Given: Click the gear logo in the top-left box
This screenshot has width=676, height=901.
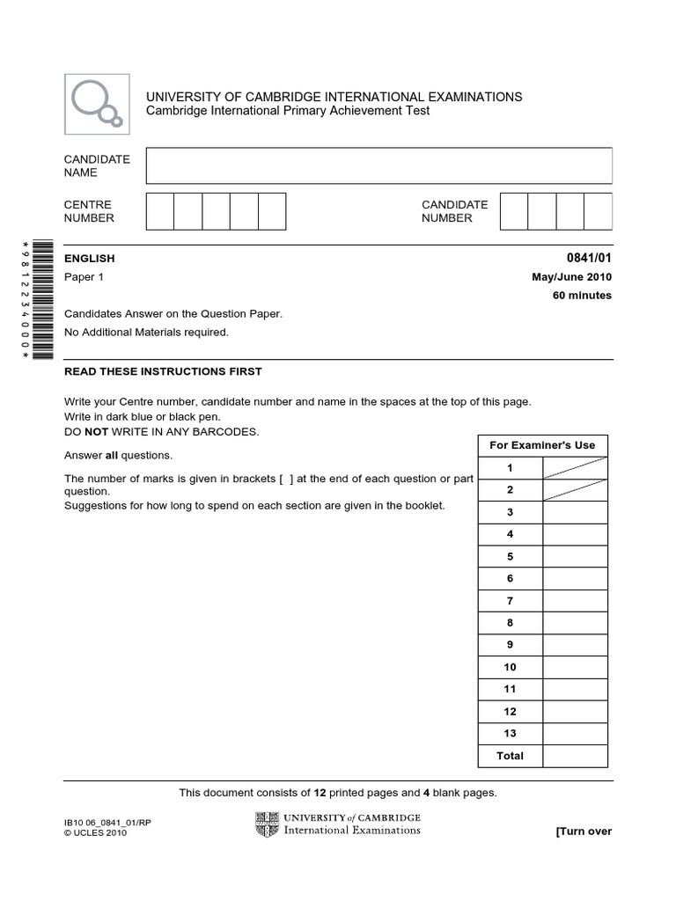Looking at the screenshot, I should pos(97,103).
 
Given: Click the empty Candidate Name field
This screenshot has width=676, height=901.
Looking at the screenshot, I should pos(378,165).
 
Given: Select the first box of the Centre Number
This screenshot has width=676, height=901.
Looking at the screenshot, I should pos(159,211).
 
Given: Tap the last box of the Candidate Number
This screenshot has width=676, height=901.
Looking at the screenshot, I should pos(598,211).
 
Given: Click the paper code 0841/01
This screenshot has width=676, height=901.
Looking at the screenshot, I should pos(590,258).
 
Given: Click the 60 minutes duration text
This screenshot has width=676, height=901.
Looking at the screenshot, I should pos(582,296).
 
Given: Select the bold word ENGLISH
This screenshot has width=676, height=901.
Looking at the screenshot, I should pos(90,259).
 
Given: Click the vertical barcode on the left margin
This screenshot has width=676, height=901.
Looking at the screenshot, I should pos(40,299).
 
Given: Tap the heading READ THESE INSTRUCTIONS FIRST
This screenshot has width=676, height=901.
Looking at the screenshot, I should pos(163,371).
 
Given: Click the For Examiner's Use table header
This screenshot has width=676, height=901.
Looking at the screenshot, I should pos(542,445).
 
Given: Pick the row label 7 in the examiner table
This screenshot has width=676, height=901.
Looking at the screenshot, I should pos(510,601).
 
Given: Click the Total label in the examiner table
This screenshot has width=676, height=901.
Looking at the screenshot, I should pos(510,756).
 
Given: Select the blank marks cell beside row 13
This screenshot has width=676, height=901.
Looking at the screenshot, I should pos(575,734).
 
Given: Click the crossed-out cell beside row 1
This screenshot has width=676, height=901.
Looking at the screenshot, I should pos(575,468).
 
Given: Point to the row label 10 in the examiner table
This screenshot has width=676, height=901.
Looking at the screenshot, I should pos(510,667).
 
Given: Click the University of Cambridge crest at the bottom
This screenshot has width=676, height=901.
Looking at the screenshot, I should pos(267,824).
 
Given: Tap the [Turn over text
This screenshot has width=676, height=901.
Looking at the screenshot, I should pos(583,831).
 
